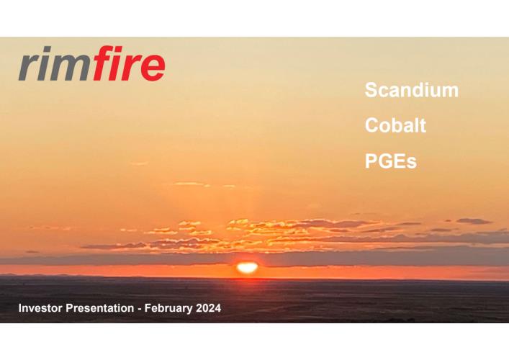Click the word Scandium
[x=412, y=90]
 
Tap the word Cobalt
[x=395, y=125]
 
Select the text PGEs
[x=390, y=161]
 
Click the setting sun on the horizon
[x=248, y=268]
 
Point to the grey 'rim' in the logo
[x=54, y=63]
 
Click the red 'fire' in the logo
[x=128, y=63]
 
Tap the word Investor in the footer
[x=40, y=307]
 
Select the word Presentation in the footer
[x=99, y=307]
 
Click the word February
[x=168, y=308]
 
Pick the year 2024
[x=209, y=307]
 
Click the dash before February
[x=139, y=309]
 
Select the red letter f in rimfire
[x=102, y=63]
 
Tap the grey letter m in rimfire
[x=72, y=68]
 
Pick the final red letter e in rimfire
[x=153, y=68]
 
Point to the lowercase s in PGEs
[x=411, y=163]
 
